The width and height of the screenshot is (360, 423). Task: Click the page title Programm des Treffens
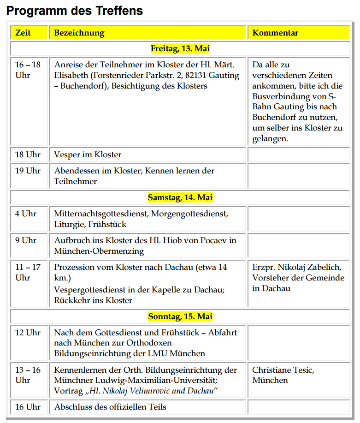coord(74,11)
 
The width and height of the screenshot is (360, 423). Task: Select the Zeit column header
coord(23,33)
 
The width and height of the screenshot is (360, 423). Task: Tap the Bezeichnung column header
coord(79,33)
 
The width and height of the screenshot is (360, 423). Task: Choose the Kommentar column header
coord(275,33)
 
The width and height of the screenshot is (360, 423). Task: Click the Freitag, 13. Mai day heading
coord(180,48)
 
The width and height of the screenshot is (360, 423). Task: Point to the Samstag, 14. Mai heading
coord(180,197)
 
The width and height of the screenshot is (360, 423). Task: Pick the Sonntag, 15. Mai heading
coord(180,317)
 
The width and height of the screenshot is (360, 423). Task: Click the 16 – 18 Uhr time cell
coord(28,70)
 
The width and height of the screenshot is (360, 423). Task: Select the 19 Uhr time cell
coord(28,171)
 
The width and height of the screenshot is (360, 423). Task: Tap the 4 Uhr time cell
coord(26,214)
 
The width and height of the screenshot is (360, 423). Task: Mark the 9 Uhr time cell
coord(26,240)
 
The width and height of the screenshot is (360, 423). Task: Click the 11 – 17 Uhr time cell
coord(28,272)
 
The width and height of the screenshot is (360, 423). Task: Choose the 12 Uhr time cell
coord(28,332)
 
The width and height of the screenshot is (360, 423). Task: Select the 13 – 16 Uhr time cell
coord(28,375)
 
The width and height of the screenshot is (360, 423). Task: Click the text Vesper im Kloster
coord(88,155)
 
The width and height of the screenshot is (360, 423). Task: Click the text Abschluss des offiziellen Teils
coord(110,407)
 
